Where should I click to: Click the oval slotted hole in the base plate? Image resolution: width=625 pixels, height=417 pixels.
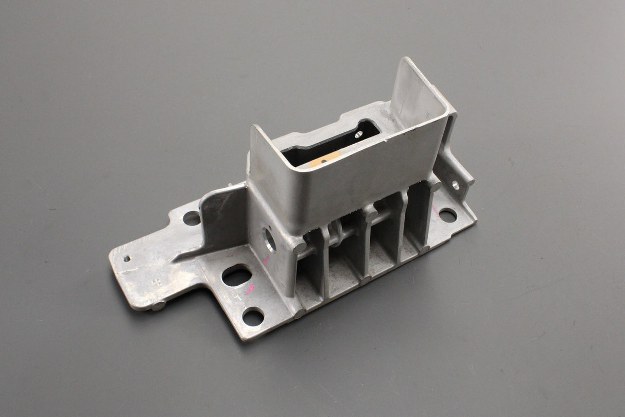[236, 275]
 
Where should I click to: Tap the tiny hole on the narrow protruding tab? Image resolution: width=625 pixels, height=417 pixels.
[127, 258]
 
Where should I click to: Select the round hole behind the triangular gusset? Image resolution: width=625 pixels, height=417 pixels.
[192, 218]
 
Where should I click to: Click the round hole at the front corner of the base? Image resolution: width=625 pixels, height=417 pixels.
[253, 316]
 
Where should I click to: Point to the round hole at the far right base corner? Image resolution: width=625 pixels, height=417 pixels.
[447, 215]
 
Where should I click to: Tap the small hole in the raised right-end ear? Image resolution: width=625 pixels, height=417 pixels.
[456, 184]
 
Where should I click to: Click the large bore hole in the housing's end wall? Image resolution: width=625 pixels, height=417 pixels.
[269, 239]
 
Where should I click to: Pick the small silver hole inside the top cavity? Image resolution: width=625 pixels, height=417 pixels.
[358, 135]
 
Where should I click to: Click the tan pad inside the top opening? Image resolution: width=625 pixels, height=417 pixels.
[322, 160]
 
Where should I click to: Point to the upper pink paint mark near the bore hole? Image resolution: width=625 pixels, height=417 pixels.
[266, 260]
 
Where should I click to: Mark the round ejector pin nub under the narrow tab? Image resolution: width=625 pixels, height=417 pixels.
[158, 306]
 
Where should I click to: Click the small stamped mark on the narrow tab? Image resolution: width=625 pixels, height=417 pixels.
[155, 282]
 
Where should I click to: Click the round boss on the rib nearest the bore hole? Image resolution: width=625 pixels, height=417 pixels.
[300, 247]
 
